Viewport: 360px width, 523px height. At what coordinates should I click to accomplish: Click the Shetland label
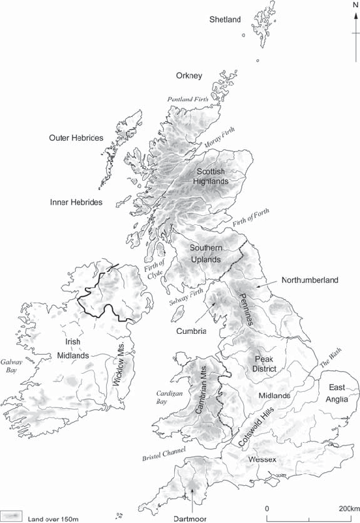(x=225, y=20)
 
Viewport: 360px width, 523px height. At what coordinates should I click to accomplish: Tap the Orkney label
(x=189, y=76)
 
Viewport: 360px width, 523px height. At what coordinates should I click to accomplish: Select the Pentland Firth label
(x=188, y=99)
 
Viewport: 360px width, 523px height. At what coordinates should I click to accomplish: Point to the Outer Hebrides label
(x=76, y=138)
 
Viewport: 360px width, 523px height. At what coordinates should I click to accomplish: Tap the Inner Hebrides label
(x=76, y=202)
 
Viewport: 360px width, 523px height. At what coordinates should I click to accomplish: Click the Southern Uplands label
(x=206, y=253)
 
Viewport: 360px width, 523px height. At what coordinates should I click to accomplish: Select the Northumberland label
(x=310, y=280)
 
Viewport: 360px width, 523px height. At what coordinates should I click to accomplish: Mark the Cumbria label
(x=191, y=331)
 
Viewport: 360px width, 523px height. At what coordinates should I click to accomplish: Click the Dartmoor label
(x=194, y=518)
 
